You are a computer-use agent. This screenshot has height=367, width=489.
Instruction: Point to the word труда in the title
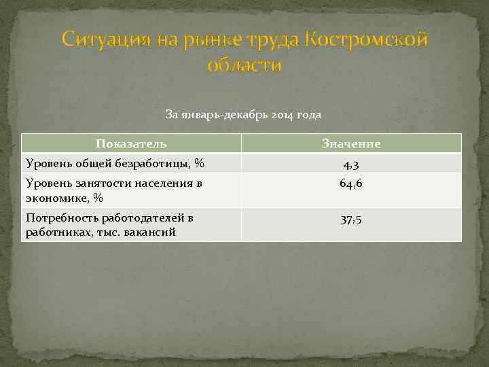270,40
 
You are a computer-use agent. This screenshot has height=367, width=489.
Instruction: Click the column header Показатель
131,143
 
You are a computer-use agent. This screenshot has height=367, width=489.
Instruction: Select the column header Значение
351,143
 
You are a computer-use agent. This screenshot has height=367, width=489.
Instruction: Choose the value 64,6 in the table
351,183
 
